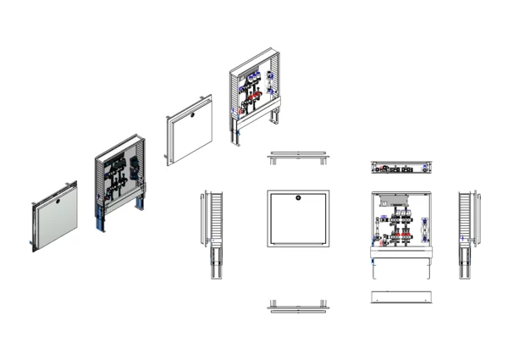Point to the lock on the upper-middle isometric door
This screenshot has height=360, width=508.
(192, 115)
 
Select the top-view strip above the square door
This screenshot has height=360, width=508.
(298, 158)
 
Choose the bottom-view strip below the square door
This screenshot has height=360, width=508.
(298, 306)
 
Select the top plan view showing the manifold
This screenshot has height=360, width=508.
(402, 167)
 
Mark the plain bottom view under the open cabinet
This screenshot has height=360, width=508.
(402, 298)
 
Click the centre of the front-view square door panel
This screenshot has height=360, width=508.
(298, 219)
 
